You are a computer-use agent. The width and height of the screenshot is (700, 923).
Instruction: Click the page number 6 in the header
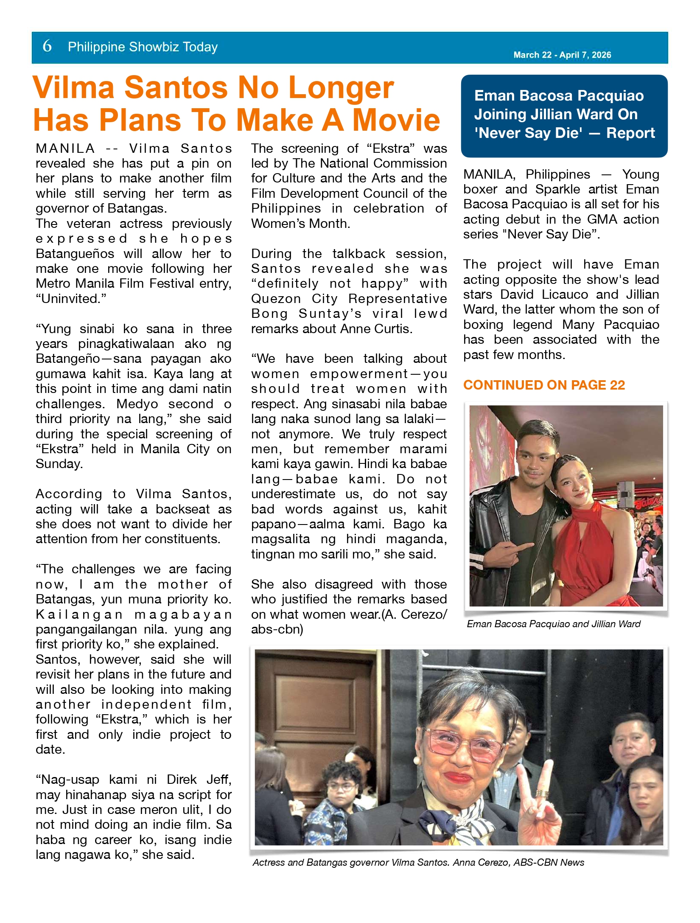click(x=47, y=46)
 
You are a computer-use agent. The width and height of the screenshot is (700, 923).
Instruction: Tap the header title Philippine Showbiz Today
click(x=143, y=47)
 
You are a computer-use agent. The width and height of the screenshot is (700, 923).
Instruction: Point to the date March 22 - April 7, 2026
click(x=562, y=55)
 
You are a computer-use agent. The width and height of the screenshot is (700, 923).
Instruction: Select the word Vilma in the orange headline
click(x=74, y=88)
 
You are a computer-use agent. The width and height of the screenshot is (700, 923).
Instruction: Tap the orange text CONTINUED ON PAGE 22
click(x=544, y=385)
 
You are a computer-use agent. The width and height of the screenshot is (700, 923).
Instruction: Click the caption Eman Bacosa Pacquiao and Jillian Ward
click(x=553, y=624)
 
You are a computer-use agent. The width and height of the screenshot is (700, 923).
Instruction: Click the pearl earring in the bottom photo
click(x=417, y=759)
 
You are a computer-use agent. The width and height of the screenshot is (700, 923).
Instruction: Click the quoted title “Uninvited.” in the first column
click(x=71, y=299)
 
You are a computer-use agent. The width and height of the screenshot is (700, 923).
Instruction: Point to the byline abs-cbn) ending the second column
click(x=277, y=629)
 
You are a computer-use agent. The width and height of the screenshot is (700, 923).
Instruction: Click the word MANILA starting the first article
click(x=65, y=149)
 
